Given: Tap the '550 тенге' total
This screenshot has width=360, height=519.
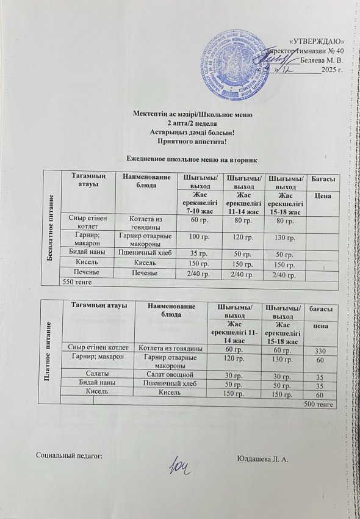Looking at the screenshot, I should (73, 282).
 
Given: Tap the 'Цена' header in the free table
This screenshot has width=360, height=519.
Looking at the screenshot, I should (322, 195).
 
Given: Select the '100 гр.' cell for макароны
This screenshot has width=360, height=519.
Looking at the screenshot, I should (196, 236).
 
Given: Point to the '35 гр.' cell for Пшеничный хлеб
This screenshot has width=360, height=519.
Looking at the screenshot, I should (196, 252).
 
